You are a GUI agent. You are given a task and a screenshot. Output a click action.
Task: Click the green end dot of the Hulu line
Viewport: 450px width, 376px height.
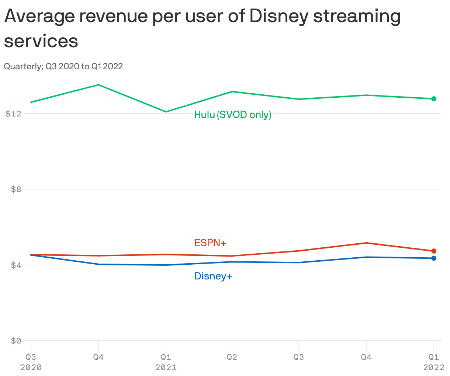[434, 99]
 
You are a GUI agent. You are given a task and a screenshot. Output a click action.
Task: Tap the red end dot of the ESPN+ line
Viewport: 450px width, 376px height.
[434, 251]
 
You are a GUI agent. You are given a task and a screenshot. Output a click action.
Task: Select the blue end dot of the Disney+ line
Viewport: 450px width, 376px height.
[434, 258]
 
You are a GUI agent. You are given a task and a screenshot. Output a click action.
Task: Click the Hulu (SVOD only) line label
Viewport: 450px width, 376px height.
[233, 115]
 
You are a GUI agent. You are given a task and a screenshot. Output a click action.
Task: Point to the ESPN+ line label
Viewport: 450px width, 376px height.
[210, 243]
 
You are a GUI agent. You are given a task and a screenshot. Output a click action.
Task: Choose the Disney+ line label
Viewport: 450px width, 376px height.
[213, 276]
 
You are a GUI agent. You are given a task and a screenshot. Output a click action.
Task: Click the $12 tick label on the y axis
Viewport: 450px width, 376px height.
[13, 114]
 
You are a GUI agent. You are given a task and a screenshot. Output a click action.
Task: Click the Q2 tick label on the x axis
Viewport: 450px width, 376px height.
[232, 357]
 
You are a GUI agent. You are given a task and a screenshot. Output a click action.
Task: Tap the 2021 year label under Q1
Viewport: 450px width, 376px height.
[166, 368]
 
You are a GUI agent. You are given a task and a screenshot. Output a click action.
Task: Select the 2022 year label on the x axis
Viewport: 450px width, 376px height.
[434, 368]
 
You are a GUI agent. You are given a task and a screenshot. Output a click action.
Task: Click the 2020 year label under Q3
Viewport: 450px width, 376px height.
[31, 368]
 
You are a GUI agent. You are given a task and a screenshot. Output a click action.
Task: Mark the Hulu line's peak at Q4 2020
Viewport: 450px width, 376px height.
[98, 85]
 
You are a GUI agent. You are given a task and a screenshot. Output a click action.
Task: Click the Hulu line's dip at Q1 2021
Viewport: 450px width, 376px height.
[166, 112]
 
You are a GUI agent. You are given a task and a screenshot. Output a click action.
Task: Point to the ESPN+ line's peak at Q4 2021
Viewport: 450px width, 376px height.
[366, 243]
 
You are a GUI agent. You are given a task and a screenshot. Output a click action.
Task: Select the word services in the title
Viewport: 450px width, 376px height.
[41, 41]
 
